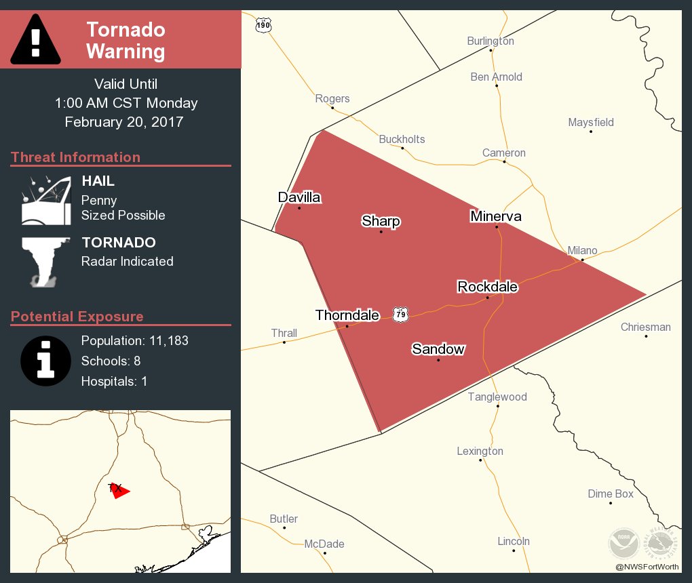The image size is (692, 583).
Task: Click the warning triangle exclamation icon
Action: click(x=35, y=39)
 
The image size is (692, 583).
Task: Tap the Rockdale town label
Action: click(x=487, y=287)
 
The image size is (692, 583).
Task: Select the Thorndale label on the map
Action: click(x=347, y=315)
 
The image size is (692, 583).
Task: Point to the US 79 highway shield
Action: click(x=401, y=314)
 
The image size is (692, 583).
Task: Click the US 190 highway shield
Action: click(x=263, y=25)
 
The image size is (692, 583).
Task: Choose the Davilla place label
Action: click(x=299, y=197)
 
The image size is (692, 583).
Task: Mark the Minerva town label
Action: click(x=496, y=216)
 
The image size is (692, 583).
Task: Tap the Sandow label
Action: click(x=438, y=349)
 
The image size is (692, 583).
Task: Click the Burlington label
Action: click(x=491, y=41)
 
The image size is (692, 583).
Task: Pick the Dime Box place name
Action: click(x=611, y=494)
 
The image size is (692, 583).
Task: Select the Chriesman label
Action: click(x=646, y=327)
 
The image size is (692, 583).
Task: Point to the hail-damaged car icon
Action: click(x=46, y=201)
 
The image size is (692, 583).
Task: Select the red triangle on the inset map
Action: click(x=120, y=491)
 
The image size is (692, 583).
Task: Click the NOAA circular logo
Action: click(x=623, y=543)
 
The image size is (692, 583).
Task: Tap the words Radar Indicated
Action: click(x=127, y=261)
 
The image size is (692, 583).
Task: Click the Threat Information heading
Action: click(x=75, y=157)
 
